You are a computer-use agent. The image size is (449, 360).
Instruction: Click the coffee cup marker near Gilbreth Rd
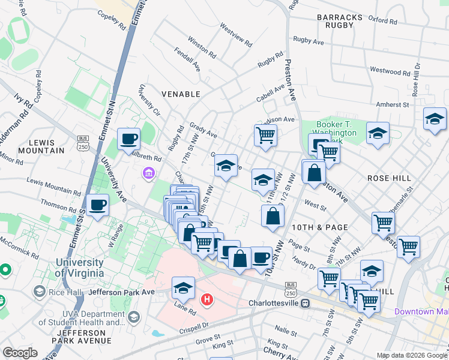pos(128,139)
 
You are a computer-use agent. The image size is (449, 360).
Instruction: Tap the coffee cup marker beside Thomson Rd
pos(97,205)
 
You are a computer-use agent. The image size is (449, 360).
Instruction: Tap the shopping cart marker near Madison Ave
pos(265,136)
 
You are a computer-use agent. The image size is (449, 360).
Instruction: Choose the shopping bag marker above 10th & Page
pos(273,216)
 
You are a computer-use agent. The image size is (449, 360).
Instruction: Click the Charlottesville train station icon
pos(305,303)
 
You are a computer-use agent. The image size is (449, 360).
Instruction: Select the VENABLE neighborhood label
pos(181,94)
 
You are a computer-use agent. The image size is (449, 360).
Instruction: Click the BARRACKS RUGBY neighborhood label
pos(340,21)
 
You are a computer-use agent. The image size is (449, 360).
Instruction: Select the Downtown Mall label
pos(421,311)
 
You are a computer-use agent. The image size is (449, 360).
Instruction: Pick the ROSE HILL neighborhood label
pos(389,178)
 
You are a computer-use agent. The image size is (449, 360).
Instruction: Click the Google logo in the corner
pos(20,353)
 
